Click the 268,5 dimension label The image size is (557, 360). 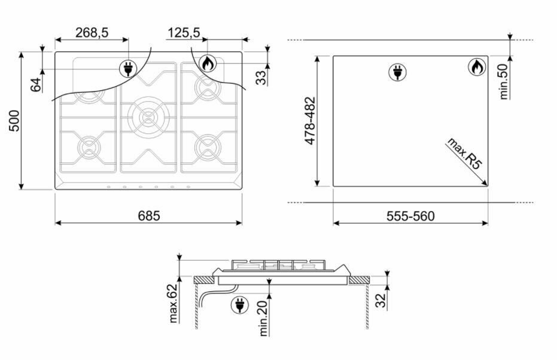point(92,33)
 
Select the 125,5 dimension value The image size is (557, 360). point(184,33)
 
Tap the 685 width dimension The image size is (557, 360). point(149,215)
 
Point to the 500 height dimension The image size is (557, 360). point(14,121)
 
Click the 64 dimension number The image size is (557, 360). point(36,85)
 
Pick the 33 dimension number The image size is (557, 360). point(261,78)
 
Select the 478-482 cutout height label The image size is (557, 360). point(310,121)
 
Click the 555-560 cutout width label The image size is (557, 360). point(410,216)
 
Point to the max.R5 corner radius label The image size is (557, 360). point(465,153)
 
